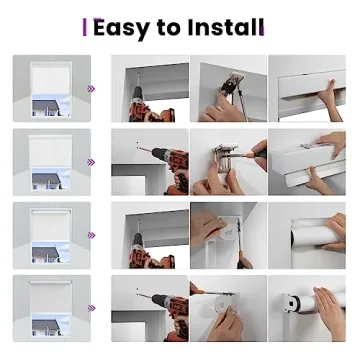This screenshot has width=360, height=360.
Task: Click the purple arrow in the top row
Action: pyautogui.click(x=91, y=89)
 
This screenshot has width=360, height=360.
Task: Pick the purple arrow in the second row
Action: pyautogui.click(x=91, y=162)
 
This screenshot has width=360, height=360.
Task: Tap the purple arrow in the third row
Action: pyautogui.click(x=91, y=235)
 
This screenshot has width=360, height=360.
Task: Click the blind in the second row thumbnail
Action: pyautogui.click(x=47, y=150)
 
